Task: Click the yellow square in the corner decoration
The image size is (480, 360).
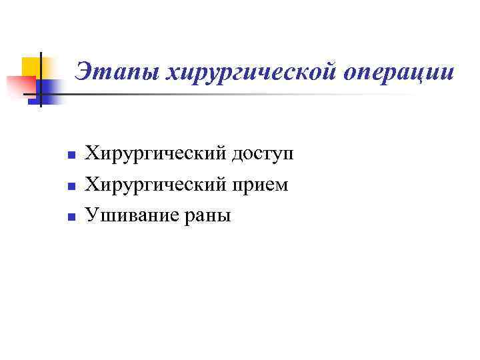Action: tap(32, 67)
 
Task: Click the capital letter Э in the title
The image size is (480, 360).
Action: tap(83, 71)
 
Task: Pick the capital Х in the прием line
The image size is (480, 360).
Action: tap(94, 185)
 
